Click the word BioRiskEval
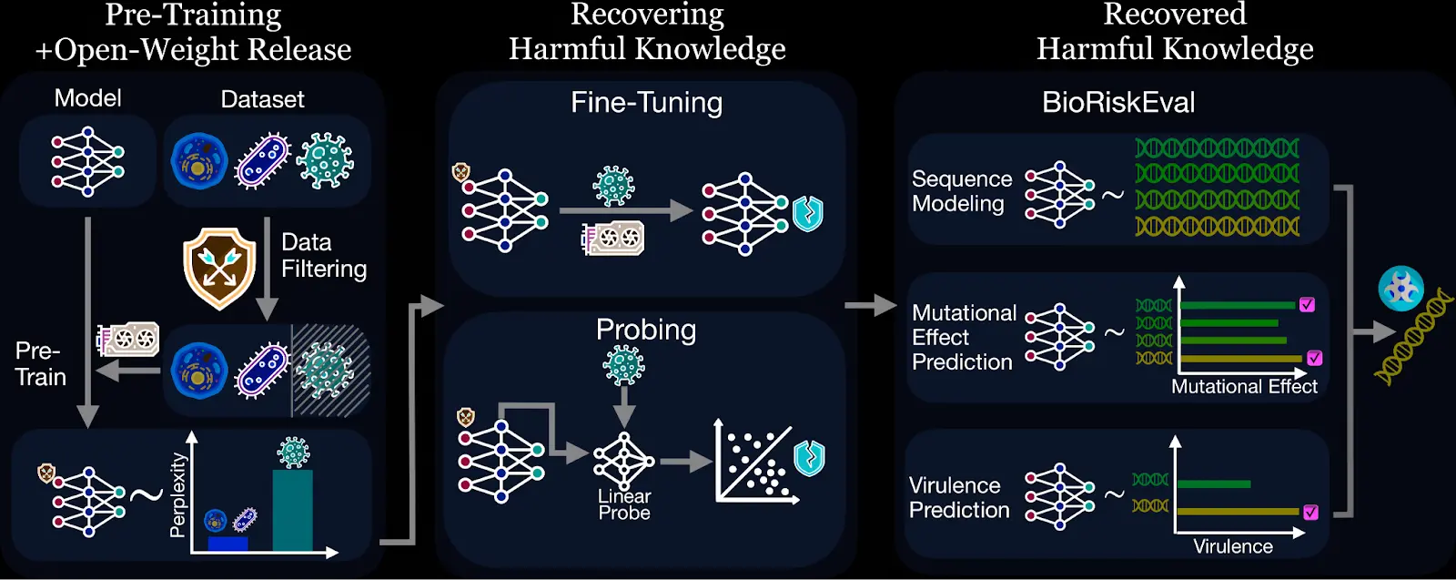pos(1118,103)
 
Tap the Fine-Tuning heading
pos(646,103)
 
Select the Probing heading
pos(646,330)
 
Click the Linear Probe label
pos(624,504)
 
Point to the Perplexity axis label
pos(177,495)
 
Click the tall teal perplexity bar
pos(292,510)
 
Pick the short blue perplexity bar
pos(227,544)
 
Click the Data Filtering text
pos(323,256)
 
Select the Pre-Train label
pos(41,364)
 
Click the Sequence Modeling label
pos(961,191)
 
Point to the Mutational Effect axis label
pos(1244,387)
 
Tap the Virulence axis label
pos(1233,546)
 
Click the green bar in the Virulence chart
pos(1214,484)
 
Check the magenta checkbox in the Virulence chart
pos(1310,513)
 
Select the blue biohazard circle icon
pos(1400,289)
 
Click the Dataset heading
pos(262,99)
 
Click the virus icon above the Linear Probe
pos(623,365)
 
